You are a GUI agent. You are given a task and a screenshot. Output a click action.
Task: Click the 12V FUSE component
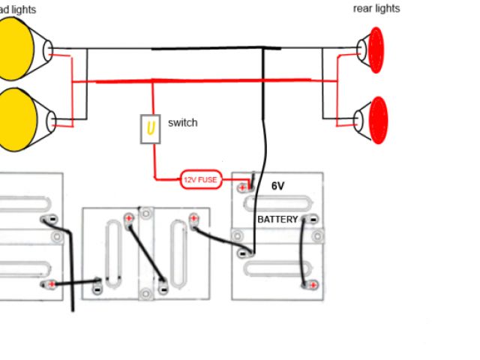tap(201, 179)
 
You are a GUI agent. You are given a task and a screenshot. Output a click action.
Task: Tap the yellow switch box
tap(151, 128)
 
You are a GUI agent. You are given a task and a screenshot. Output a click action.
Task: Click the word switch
tap(183, 122)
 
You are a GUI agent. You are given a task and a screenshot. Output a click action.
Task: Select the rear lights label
tap(376, 8)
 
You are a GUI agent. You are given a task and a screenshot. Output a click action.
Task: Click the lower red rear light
tap(378, 120)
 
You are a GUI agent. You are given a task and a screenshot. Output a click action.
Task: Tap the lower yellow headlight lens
tap(17, 118)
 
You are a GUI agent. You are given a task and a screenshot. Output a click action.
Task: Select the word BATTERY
tap(277, 220)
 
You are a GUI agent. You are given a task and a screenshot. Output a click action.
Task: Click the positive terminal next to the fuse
tap(242, 187)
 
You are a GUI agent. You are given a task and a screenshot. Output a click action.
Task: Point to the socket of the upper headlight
tap(49, 51)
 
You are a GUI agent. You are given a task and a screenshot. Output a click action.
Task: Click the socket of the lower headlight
tap(52, 120)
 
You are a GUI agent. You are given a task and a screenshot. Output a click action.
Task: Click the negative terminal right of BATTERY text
tap(312, 220)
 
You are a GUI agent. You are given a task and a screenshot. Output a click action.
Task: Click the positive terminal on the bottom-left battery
tap(50, 285)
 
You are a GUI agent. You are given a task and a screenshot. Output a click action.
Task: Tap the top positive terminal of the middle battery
tap(129, 219)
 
